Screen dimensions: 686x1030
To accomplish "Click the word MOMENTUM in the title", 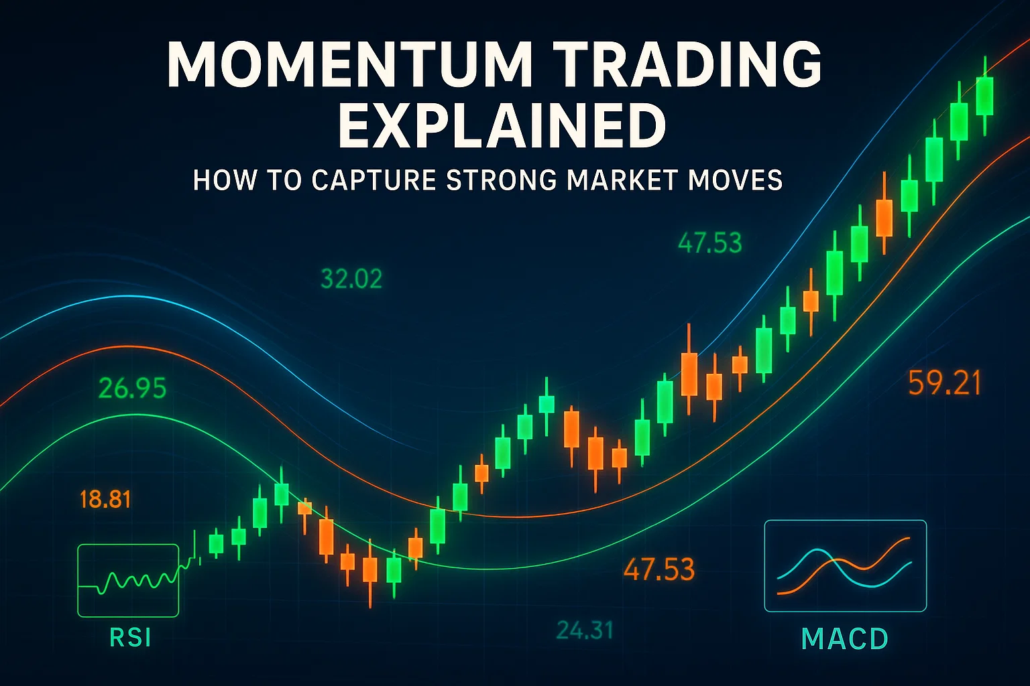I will click(x=350, y=64).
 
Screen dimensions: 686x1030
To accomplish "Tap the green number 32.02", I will click(x=351, y=279).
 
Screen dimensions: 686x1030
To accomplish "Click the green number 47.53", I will click(x=709, y=243).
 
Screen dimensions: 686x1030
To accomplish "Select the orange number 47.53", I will click(x=659, y=569).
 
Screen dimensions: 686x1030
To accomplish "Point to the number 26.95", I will click(x=132, y=389).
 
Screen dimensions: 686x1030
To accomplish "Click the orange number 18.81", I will click(x=105, y=499).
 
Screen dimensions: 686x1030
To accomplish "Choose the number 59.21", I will click(x=944, y=383).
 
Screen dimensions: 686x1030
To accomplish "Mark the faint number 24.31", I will click(x=585, y=630).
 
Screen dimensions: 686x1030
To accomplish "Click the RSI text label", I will click(x=130, y=637).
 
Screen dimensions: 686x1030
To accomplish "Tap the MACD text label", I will click(x=845, y=638).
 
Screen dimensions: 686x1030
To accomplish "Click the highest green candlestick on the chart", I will click(x=984, y=96).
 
